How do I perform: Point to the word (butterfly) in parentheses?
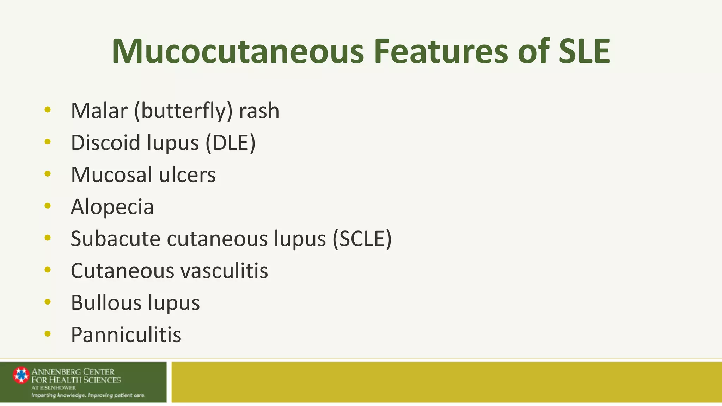pos(183,111)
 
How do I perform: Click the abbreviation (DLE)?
pos(231,143)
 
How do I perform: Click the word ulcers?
pos(187,175)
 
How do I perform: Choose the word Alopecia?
pos(112,207)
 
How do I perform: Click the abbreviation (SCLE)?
pos(362,239)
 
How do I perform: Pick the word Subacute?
pos(116,239)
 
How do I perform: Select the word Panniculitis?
pos(126,335)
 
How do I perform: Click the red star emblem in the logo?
pos(21,375)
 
